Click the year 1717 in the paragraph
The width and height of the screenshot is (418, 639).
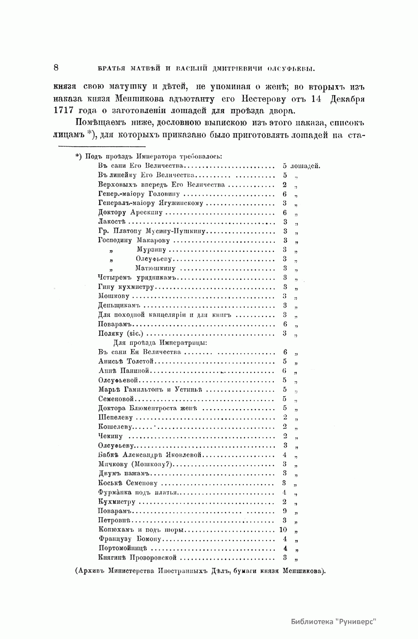[64, 111]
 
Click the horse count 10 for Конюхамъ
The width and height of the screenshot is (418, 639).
[283, 530]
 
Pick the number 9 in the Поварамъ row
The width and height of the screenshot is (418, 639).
[285, 511]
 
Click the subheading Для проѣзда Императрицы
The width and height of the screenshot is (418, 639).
[161, 342]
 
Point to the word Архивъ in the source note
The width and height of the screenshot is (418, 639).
[92, 571]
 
